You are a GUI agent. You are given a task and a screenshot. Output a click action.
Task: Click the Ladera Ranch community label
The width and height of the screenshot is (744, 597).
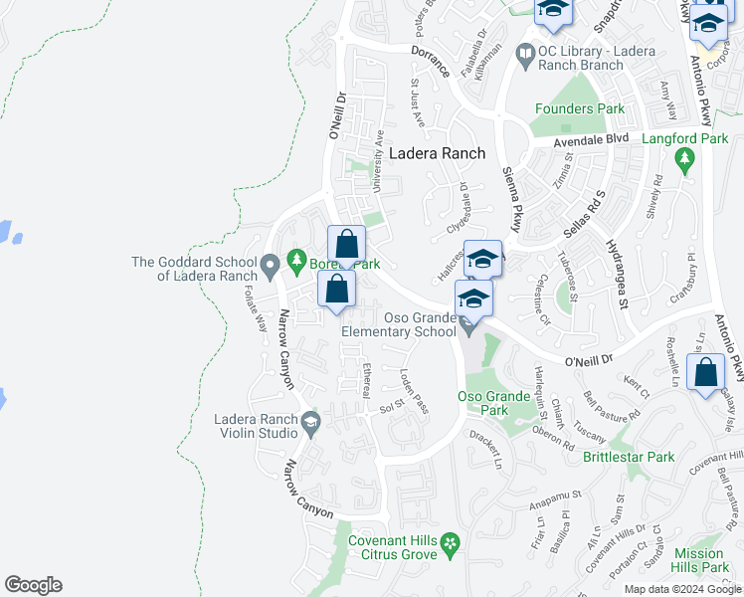pyautogui.click(x=437, y=153)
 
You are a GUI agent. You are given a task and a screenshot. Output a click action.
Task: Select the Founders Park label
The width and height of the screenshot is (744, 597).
pyautogui.click(x=580, y=108)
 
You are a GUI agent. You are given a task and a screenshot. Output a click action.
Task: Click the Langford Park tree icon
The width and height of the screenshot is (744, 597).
pyautogui.click(x=683, y=158)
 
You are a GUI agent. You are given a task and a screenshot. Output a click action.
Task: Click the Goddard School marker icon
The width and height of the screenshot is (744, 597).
pyautogui.click(x=270, y=267)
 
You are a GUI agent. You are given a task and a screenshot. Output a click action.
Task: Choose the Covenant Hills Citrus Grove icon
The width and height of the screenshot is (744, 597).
pyautogui.click(x=451, y=543)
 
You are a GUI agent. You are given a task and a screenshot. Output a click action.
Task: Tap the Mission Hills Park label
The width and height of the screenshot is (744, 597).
pyautogui.click(x=701, y=560)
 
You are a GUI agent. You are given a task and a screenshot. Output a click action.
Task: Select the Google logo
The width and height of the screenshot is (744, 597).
pyautogui.click(x=33, y=585)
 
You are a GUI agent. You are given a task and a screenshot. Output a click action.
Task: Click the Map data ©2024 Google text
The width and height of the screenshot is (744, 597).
pyautogui.click(x=682, y=589)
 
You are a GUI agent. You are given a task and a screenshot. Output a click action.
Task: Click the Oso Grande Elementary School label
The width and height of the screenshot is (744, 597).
pyautogui.click(x=400, y=325)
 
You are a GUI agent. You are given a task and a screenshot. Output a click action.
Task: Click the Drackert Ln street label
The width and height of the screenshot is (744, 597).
pyautogui.click(x=486, y=451)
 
